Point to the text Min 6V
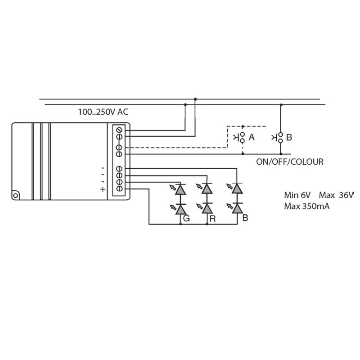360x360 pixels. click(x=297, y=195)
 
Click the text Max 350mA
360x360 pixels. click(x=307, y=207)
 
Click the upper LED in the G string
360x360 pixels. click(x=180, y=189)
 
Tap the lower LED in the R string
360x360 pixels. click(x=207, y=209)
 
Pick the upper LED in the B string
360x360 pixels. click(x=237, y=189)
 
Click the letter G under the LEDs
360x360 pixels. click(x=186, y=219)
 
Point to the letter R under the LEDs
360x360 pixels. click(x=212, y=219)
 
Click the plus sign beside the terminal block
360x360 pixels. click(x=103, y=189)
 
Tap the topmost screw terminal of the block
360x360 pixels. click(x=119, y=130)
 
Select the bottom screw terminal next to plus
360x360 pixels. click(x=119, y=189)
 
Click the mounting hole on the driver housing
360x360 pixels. click(x=15, y=195)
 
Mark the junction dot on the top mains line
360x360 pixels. click(x=195, y=99)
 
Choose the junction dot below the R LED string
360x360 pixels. click(x=207, y=224)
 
